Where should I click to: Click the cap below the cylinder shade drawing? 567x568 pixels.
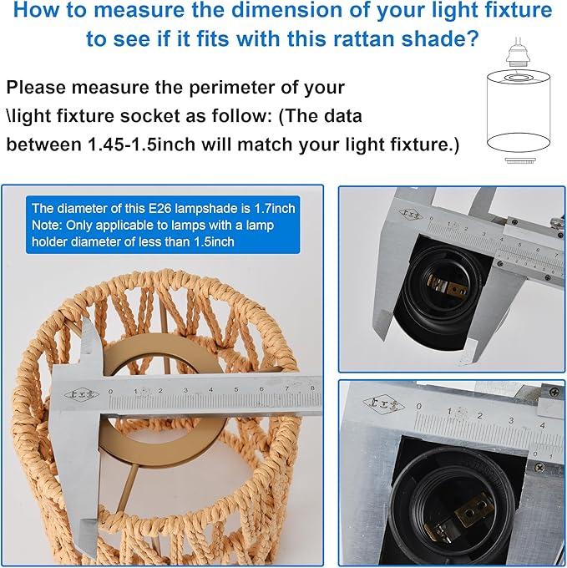point(518,160)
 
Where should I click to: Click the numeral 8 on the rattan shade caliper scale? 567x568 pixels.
point(312,388)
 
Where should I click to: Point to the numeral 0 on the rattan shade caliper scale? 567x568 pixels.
point(110,392)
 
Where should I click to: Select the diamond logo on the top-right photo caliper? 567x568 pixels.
point(411,215)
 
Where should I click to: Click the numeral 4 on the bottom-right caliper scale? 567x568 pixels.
point(542,424)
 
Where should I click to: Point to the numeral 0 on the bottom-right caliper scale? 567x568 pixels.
point(419,406)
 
